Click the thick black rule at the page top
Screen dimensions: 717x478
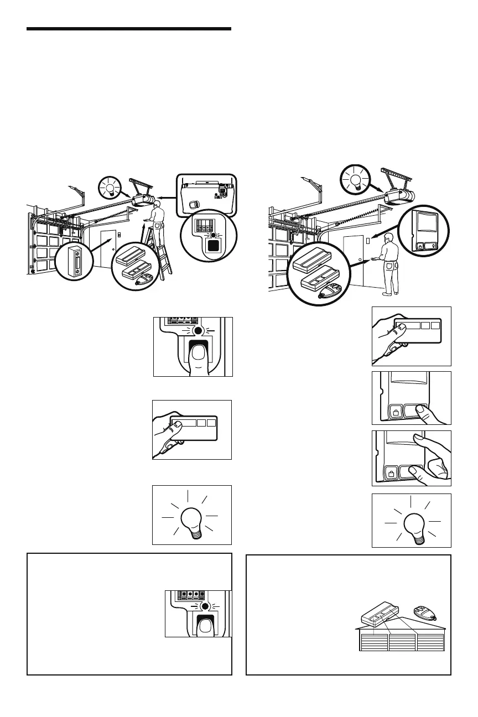128,29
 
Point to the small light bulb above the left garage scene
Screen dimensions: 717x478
109,189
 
